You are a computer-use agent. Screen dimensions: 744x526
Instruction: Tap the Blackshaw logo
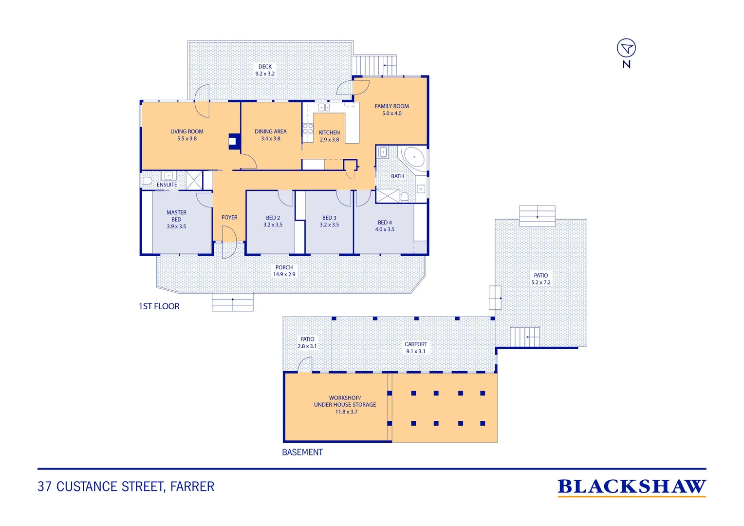click(x=632, y=487)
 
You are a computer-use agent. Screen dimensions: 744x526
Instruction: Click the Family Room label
click(x=391, y=106)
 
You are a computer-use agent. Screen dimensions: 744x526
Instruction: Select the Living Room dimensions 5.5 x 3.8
click(x=186, y=138)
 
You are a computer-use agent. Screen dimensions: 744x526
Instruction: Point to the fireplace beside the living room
click(x=234, y=141)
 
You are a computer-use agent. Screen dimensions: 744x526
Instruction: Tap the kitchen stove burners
click(x=308, y=128)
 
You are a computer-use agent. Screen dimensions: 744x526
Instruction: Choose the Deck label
click(x=265, y=66)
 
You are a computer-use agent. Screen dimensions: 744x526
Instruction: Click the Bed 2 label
click(x=273, y=218)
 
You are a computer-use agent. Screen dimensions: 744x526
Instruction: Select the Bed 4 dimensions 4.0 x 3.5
click(x=385, y=229)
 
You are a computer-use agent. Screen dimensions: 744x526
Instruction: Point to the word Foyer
click(x=229, y=217)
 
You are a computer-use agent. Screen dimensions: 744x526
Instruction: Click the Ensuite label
click(x=167, y=185)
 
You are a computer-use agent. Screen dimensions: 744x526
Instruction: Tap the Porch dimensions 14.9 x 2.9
click(x=284, y=274)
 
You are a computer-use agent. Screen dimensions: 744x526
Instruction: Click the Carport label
click(x=415, y=344)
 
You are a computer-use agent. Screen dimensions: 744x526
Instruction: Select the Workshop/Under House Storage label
click(x=345, y=401)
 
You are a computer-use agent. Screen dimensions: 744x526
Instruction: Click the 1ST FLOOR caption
click(x=159, y=306)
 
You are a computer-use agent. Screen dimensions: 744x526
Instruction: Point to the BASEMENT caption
click(x=302, y=452)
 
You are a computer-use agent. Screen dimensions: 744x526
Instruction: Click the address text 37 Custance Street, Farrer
click(x=126, y=487)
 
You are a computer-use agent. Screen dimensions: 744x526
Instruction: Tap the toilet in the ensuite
click(x=147, y=181)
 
